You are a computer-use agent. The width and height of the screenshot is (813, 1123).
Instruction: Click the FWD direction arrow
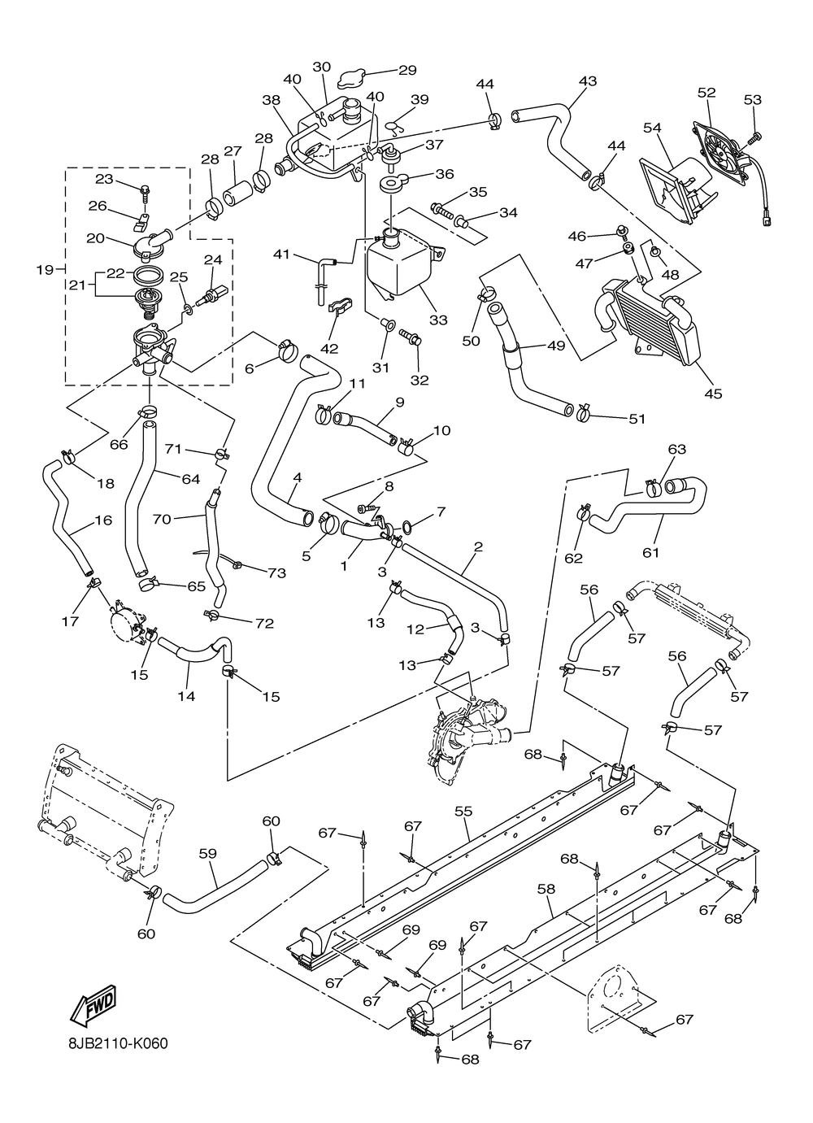[x=92, y=1004]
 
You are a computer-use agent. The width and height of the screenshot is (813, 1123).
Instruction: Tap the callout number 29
[x=406, y=71]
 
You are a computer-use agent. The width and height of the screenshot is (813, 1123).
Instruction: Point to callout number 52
[x=706, y=93]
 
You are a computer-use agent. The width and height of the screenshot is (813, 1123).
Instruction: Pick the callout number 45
[x=712, y=394]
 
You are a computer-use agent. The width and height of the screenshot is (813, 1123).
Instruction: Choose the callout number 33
[x=438, y=320]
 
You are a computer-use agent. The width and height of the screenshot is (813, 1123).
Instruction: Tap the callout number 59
[x=208, y=854]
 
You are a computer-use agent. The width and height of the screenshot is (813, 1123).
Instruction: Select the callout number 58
[x=546, y=890]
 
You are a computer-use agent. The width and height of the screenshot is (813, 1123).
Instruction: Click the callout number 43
[x=588, y=81]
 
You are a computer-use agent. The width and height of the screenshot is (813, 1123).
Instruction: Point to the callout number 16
[x=102, y=520]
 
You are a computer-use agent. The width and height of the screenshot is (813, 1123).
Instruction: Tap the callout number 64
[x=190, y=479]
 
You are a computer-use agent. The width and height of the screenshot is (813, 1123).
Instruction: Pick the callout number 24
[x=213, y=260]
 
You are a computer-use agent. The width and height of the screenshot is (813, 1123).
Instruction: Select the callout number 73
[x=276, y=572]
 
